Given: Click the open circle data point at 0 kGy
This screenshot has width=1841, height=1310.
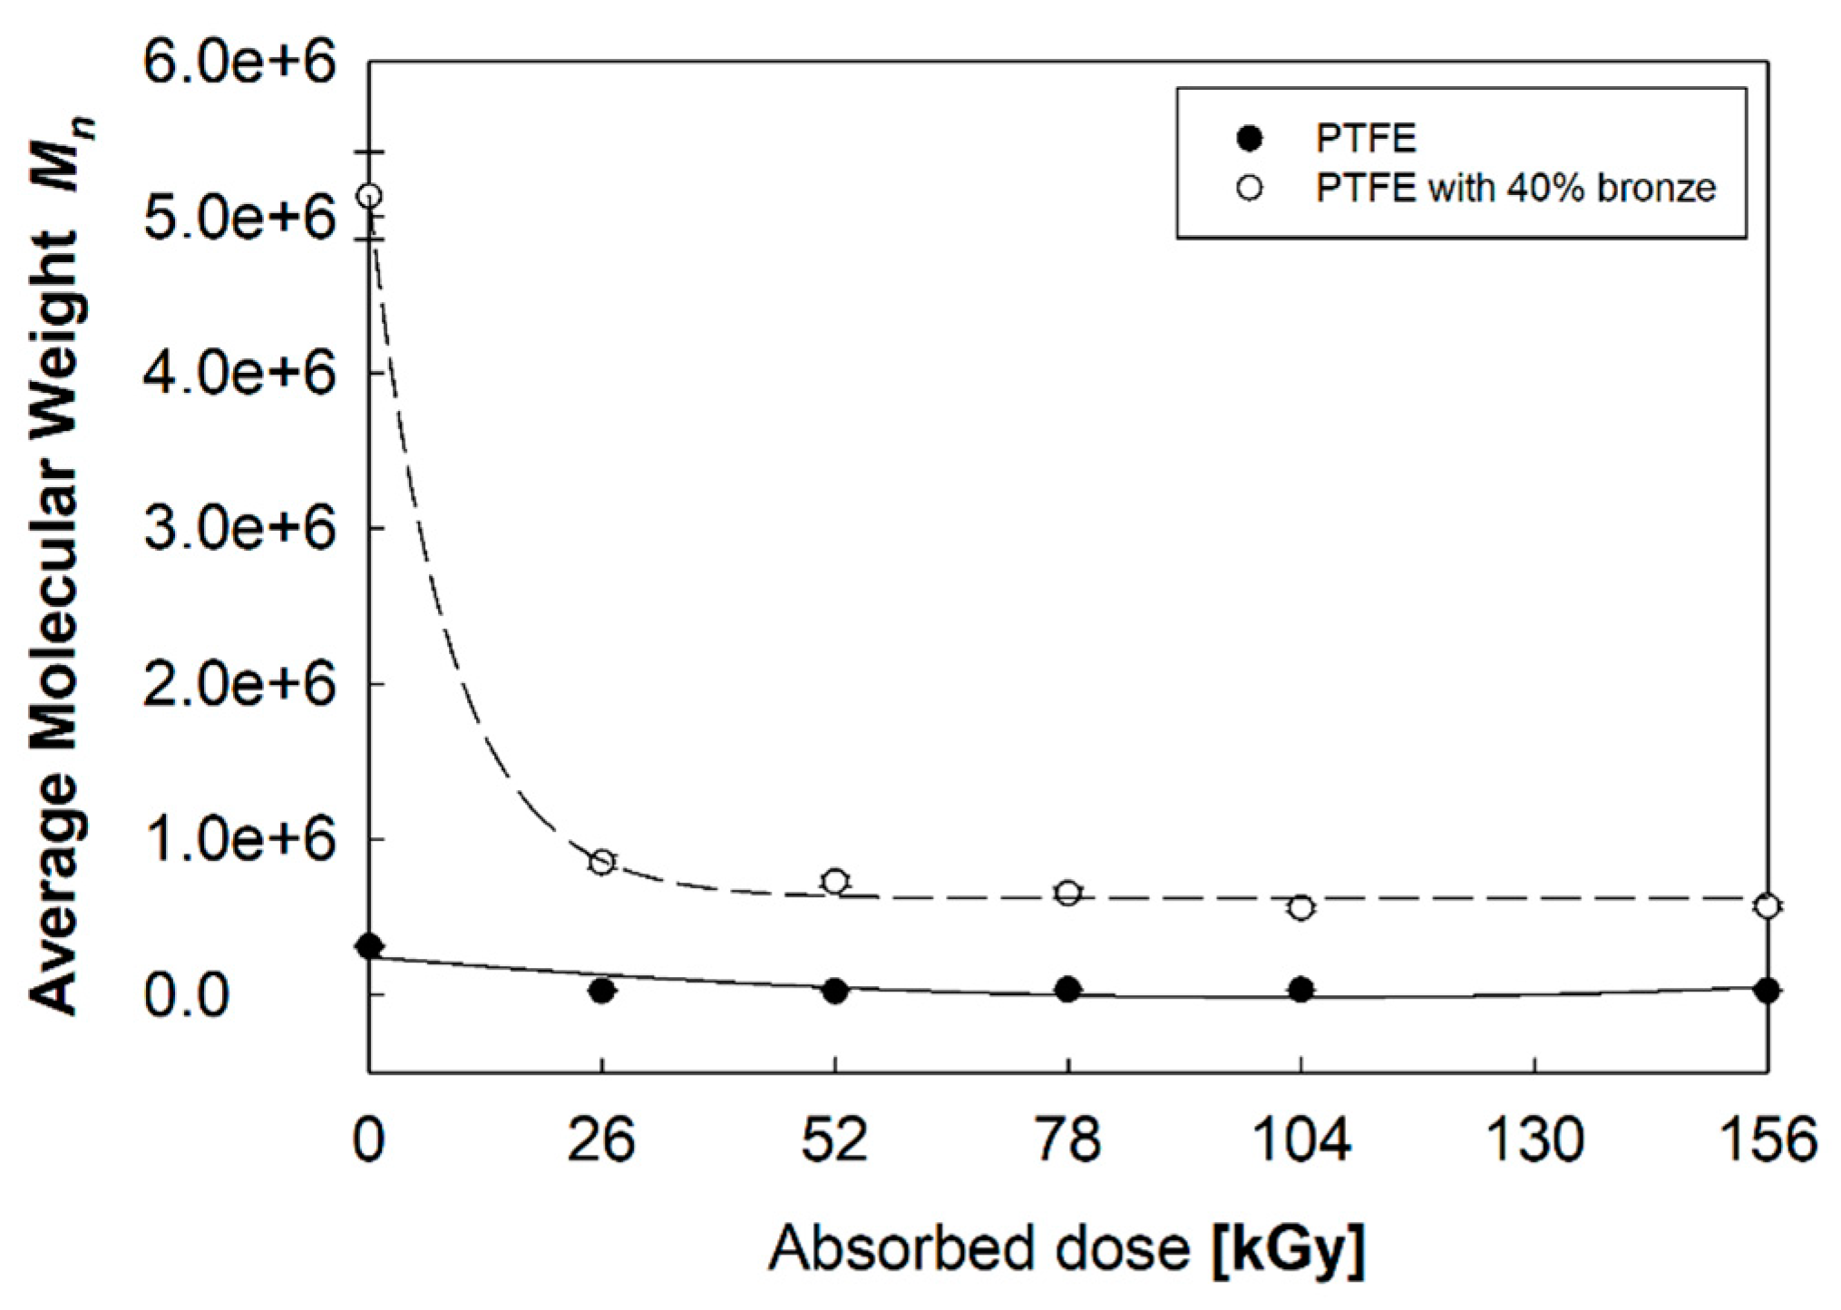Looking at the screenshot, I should [x=369, y=196].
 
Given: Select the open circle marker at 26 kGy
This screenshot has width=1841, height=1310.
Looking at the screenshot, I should [x=601, y=862].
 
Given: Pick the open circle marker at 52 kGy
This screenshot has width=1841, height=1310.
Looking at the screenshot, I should [x=835, y=881].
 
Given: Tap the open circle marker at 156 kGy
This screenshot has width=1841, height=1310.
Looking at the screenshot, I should [x=1767, y=905].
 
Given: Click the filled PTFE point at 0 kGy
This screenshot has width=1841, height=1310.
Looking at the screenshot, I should [x=369, y=947].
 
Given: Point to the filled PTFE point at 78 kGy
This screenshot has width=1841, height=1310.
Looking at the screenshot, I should [x=1068, y=990].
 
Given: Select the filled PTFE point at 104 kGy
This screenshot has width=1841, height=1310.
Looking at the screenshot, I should [x=1300, y=990].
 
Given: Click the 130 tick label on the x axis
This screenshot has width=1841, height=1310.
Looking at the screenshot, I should [x=1534, y=1140].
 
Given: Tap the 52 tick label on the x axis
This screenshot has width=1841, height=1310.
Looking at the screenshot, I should [x=834, y=1140].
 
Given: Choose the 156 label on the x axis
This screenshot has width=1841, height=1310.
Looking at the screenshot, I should [x=1768, y=1140].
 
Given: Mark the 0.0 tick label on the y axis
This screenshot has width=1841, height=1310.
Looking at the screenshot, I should [x=186, y=995].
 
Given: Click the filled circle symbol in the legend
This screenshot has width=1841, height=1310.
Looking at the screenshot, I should [x=1250, y=139].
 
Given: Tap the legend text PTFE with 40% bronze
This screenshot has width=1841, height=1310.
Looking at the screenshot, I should [x=1515, y=189].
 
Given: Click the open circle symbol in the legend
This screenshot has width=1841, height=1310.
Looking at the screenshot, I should [x=1250, y=188].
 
